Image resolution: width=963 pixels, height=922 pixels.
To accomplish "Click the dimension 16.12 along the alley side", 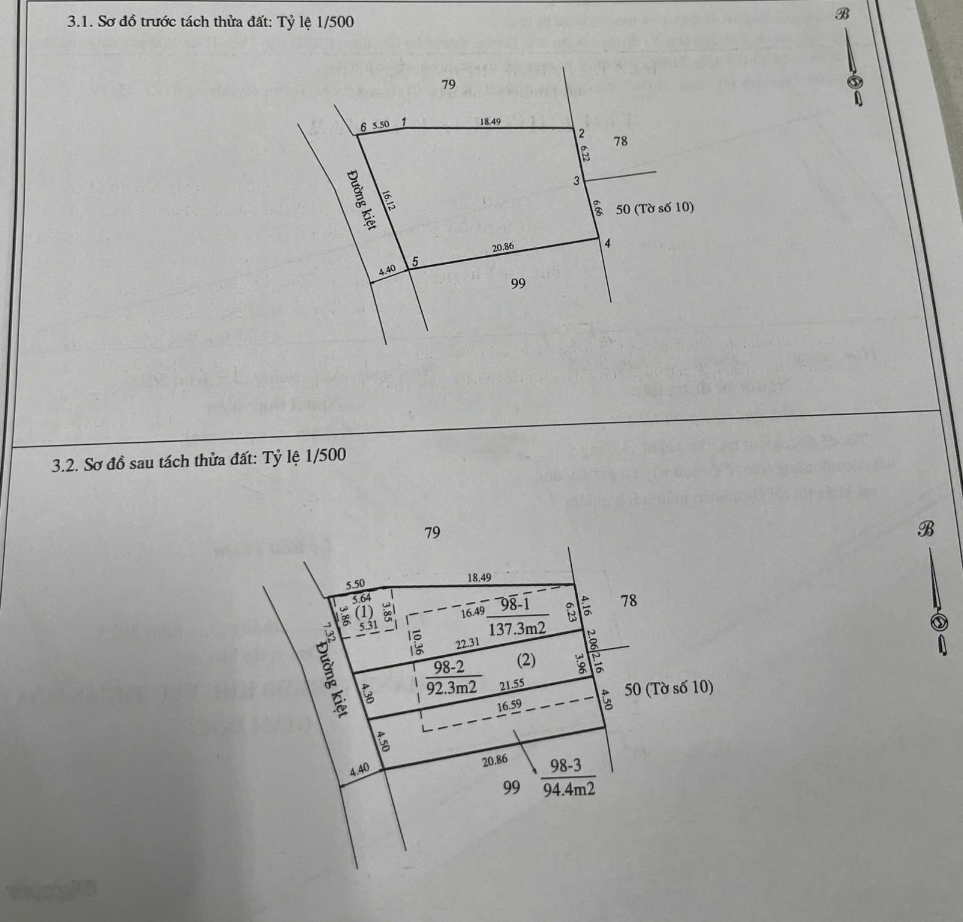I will (x=388, y=200).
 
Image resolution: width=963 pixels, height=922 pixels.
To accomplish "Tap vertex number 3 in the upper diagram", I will (x=576, y=181).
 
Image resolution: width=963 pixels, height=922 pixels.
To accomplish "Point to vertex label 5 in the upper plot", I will (x=414, y=262).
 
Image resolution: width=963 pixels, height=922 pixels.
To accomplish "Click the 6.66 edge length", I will (x=596, y=208).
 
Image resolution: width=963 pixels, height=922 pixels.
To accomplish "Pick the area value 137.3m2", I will (x=517, y=629).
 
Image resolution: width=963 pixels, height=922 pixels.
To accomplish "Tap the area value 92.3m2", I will (x=451, y=687).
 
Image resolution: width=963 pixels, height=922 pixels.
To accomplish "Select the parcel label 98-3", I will (x=566, y=766).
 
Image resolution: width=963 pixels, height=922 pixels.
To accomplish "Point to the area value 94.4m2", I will (x=569, y=789).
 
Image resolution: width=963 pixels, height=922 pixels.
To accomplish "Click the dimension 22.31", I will (x=468, y=643).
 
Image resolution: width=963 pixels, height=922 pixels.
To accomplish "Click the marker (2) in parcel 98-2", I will (x=526, y=660).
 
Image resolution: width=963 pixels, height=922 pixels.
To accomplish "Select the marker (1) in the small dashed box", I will (x=364, y=613).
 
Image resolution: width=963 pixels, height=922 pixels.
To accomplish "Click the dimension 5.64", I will (x=362, y=598).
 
